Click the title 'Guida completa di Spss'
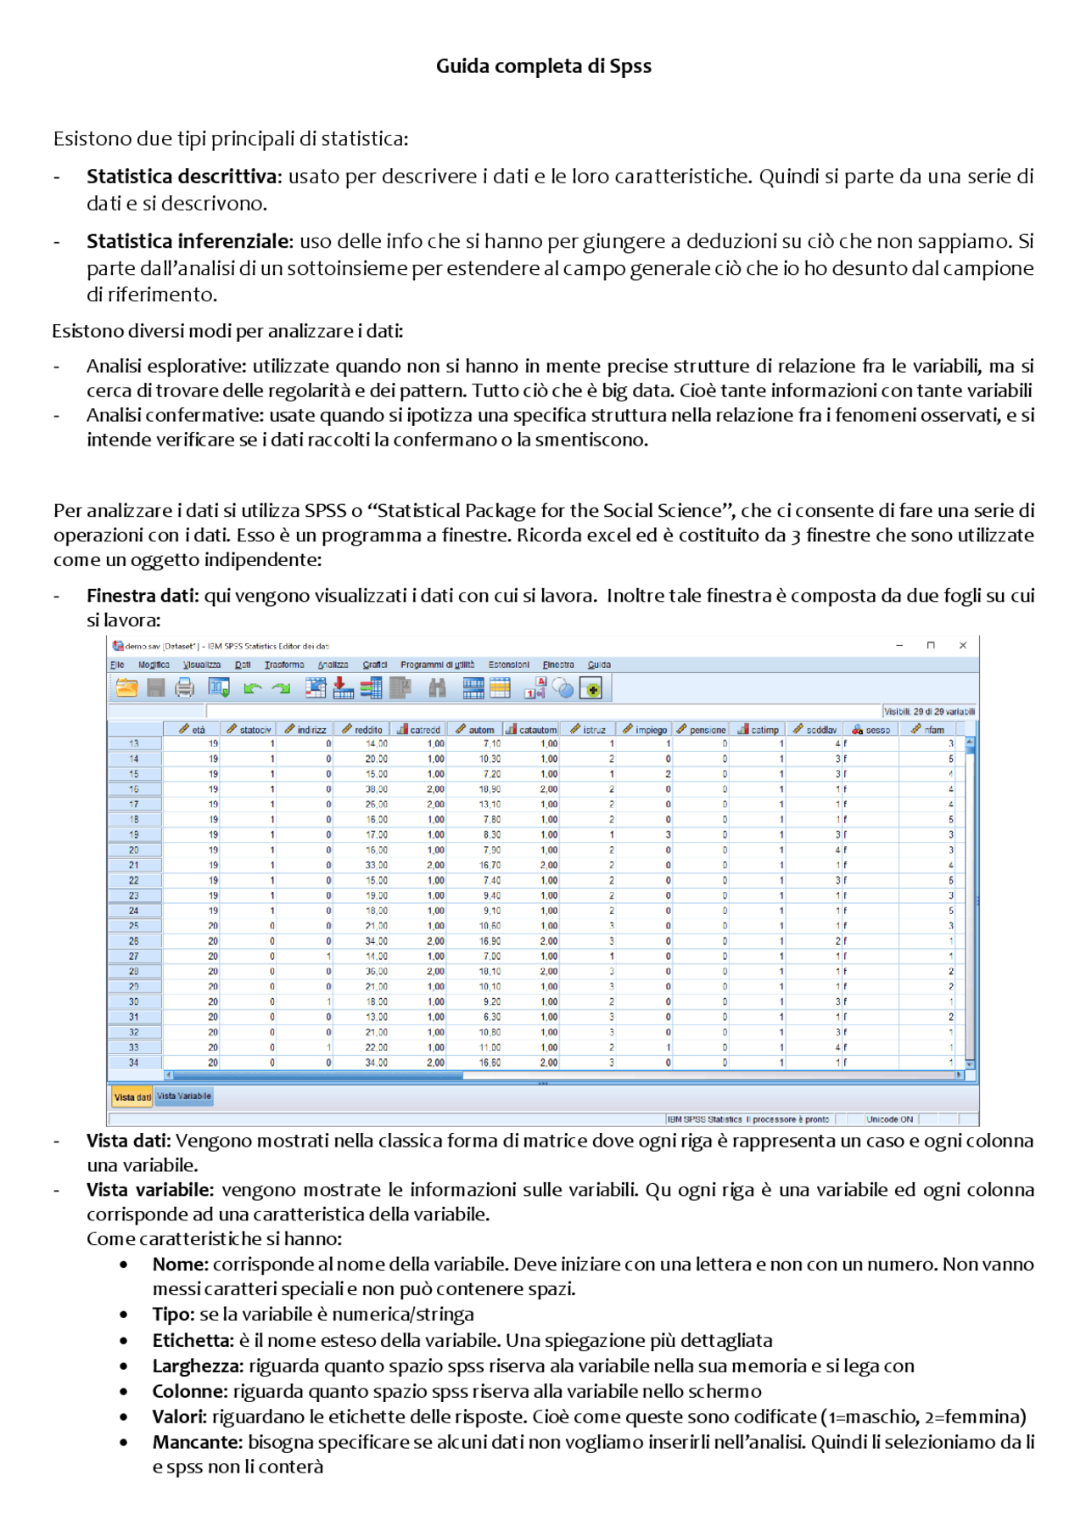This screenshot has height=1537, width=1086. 543,66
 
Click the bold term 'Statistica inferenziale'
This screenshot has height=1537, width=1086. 188,241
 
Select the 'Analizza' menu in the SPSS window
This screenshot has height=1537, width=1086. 333,665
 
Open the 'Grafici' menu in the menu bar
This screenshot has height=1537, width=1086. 374,665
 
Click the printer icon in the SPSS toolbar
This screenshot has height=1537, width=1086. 184,688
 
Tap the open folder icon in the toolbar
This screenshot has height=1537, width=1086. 127,688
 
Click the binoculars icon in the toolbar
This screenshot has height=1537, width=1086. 437,688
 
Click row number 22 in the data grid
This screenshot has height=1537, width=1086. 134,880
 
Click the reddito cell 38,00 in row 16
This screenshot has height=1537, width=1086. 376,789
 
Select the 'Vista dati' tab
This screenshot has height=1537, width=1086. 132,1097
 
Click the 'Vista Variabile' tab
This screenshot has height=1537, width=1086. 184,1096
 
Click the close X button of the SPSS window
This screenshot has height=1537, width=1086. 963,645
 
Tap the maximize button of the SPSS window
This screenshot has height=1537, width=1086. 931,645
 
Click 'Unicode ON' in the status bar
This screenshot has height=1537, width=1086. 889,1119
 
